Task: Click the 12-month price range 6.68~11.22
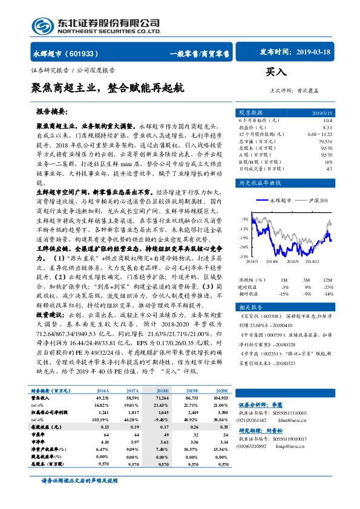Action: (320, 134)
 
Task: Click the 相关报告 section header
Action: (250, 307)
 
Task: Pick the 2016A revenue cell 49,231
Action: (100, 400)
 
